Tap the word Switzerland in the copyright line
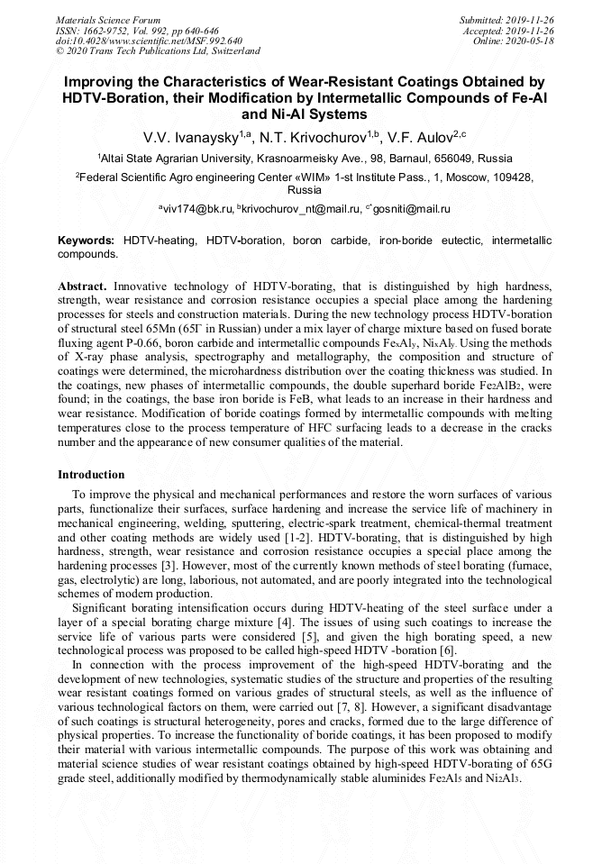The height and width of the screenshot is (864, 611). point(229,51)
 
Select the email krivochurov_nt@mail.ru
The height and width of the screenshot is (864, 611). point(301,209)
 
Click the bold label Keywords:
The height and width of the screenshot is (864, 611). point(87,241)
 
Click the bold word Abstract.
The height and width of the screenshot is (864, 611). point(83,286)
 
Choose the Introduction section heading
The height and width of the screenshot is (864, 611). point(91,475)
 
